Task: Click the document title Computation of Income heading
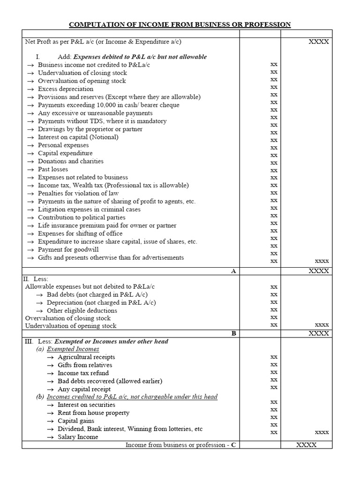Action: click(180, 24)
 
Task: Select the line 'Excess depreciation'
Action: click(66, 89)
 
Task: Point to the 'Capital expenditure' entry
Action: click(65, 153)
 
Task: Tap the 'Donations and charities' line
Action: click(71, 161)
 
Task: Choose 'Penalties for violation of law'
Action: click(78, 193)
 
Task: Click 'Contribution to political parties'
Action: click(82, 217)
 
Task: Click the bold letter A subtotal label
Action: click(233, 271)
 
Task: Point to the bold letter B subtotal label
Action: click(233, 334)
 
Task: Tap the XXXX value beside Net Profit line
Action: click(319, 42)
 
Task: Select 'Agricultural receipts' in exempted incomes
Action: click(86, 357)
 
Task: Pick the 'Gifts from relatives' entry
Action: click(85, 365)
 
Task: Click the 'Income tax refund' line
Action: click(83, 373)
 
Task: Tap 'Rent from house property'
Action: click(93, 413)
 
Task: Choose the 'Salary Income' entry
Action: click(78, 437)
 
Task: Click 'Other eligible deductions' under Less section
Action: click(82, 310)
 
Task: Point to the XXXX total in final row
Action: click(307, 445)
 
